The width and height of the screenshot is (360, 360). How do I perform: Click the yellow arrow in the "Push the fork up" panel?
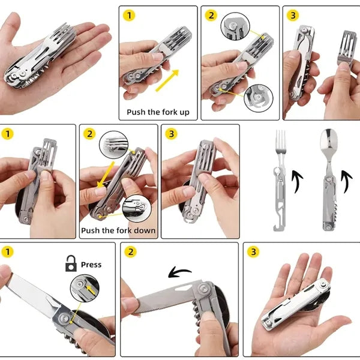167,80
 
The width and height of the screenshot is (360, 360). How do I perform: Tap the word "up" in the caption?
185,113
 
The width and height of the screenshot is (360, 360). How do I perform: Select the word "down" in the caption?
145,230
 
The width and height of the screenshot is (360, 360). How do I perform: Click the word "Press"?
91,265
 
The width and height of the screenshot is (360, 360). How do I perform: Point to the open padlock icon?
71,263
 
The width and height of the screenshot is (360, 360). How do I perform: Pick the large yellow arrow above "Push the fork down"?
105,175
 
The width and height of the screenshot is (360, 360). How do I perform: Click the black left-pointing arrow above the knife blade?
180,272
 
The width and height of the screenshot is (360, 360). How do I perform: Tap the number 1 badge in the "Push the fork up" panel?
129,16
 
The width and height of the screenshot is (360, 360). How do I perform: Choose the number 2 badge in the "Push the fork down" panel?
89,134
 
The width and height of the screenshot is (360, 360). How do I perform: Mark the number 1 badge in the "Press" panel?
8,251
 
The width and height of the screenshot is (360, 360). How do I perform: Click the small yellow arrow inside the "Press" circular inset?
91,290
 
